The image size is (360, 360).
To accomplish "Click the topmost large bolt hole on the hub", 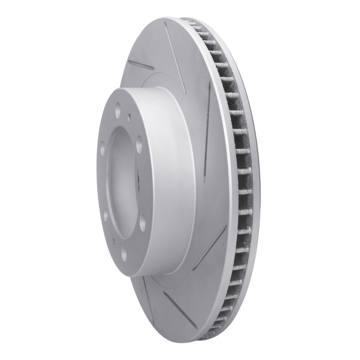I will click(118, 109).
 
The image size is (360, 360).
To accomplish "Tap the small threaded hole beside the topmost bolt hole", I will click(129, 117).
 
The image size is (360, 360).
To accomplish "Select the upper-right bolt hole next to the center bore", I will click(139, 144).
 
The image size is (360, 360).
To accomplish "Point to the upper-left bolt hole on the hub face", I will click(103, 147).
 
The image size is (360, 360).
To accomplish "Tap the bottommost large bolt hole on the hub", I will click(125, 254).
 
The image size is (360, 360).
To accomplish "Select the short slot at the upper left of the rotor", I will click(141, 66).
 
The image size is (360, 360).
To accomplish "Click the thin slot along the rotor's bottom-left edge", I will click(146, 306).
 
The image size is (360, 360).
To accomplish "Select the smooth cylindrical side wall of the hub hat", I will click(175, 180).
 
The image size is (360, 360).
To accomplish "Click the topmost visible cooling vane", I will click(189, 21).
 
